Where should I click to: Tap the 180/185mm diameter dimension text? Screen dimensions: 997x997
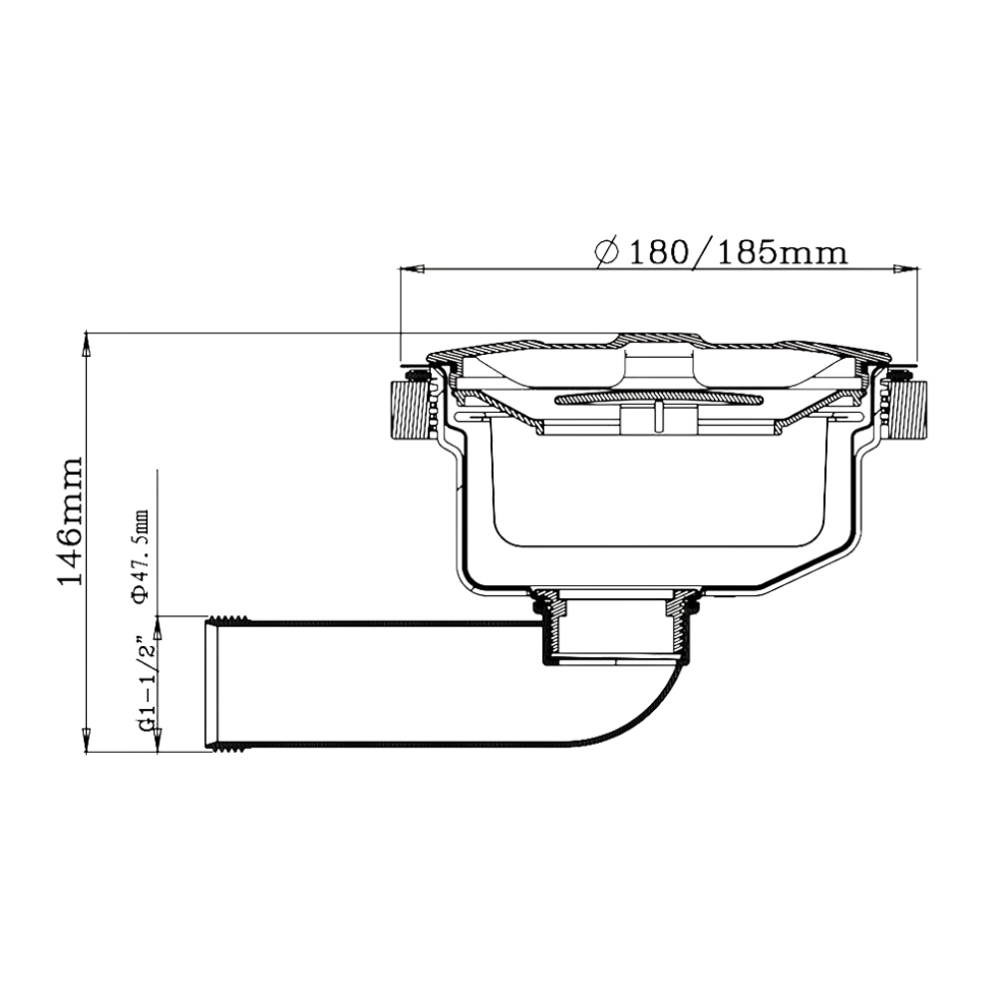(738, 252)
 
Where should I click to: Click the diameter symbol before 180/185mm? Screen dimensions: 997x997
(607, 252)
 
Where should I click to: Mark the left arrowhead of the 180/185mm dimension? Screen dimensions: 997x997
(408, 268)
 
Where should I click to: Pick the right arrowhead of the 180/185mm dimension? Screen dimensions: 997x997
(908, 268)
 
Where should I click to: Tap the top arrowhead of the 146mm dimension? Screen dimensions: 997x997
(87, 343)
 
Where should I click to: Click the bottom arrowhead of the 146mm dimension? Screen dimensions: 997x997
(87, 743)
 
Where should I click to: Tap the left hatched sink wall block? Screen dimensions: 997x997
(410, 407)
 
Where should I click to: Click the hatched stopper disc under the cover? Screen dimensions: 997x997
(658, 400)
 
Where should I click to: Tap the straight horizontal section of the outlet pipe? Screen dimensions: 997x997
(399, 684)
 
